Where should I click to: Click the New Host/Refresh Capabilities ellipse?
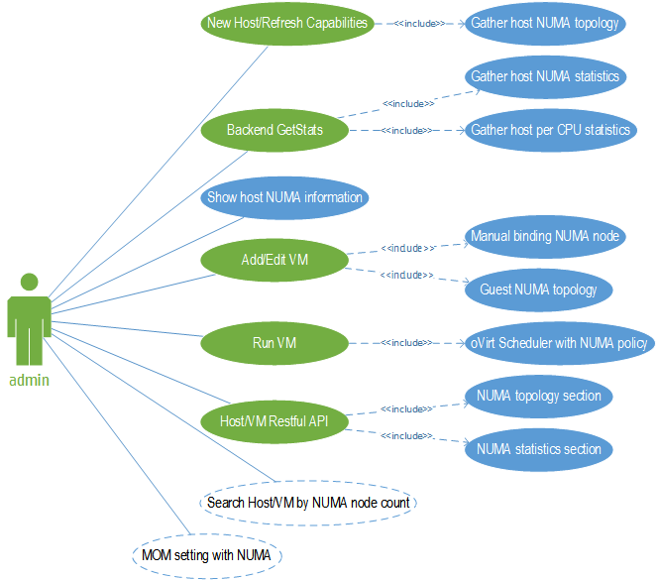287,22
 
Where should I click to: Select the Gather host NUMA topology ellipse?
544,22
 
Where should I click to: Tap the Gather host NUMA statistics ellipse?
544,76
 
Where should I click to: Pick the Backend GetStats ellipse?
274,130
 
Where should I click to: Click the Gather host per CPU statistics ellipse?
550,130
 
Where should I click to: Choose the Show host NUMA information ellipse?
284,197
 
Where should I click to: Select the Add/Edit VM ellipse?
274,260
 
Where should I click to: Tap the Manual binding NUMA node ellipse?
545,236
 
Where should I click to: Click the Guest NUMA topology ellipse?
539,290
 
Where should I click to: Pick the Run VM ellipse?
274,343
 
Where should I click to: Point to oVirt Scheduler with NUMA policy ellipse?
559,343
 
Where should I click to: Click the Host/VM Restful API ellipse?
274,421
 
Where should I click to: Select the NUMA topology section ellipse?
539,396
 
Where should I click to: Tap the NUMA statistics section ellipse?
539,449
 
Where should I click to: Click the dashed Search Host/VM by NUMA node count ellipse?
308,503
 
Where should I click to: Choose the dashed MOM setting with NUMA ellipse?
207,554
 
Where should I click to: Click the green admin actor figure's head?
30,283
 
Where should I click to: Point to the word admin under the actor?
30,379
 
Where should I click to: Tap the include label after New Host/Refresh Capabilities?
419,22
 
